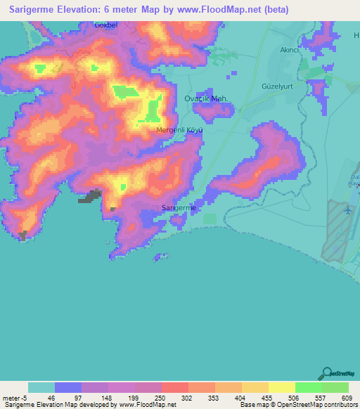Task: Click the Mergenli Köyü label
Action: [179, 130]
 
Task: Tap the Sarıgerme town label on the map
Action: [179, 208]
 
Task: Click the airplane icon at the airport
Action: [347, 209]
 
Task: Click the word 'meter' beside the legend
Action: [11, 398]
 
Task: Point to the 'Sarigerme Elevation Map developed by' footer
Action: [60, 405]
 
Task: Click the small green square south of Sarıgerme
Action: [210, 219]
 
